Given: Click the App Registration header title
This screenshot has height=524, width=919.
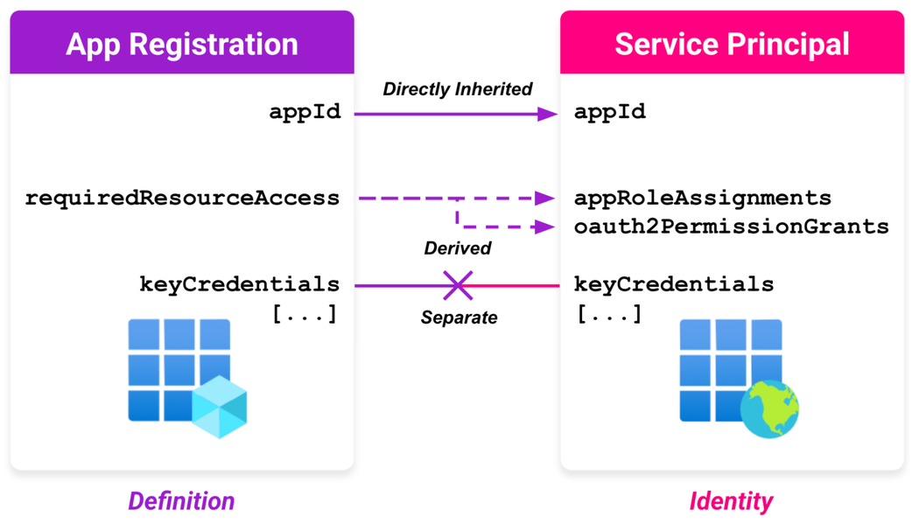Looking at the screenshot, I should [x=182, y=44].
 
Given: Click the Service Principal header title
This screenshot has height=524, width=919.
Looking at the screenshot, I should [x=732, y=44].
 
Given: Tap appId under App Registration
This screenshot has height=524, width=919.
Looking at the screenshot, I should [x=305, y=112].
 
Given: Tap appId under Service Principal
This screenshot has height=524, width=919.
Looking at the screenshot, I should [x=610, y=112].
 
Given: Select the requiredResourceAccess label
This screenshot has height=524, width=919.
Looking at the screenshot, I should [x=182, y=199].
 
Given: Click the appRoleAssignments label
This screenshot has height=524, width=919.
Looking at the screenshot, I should [x=703, y=199].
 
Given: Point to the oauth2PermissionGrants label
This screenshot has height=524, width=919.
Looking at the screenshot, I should [x=732, y=227].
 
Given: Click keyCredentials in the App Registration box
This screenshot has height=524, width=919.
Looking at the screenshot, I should [x=239, y=284].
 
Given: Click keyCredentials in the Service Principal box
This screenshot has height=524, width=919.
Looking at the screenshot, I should [x=674, y=284].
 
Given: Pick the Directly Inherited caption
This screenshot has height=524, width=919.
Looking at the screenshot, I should [x=457, y=89].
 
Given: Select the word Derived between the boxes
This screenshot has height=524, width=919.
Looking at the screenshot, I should [x=457, y=248].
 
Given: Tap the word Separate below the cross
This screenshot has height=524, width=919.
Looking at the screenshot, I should [x=459, y=318].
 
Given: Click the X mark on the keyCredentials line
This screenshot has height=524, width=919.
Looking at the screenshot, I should [x=457, y=285].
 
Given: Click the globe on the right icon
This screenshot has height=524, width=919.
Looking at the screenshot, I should [x=769, y=408].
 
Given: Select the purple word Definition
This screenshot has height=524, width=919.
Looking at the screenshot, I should [x=181, y=501].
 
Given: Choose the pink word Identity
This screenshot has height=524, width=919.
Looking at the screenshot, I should [x=731, y=501].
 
